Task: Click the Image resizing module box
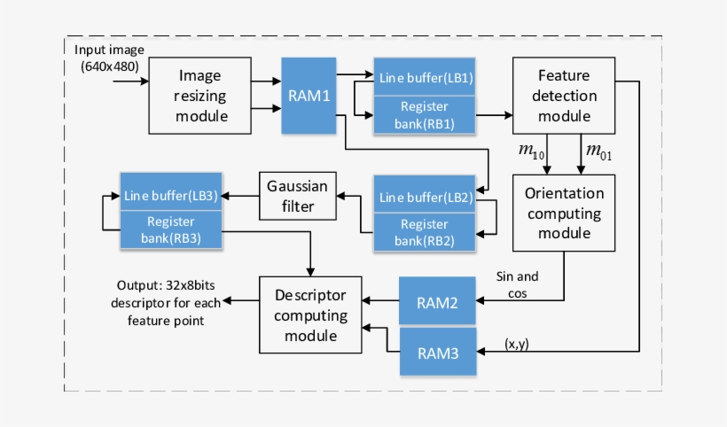tap(199, 96)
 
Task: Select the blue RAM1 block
tap(309, 96)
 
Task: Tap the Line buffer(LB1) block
tap(426, 78)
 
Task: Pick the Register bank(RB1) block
tap(426, 115)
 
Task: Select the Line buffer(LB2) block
tap(426, 197)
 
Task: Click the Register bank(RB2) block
tap(426, 233)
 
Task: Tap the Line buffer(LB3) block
tap(172, 194)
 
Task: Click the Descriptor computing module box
tap(309, 314)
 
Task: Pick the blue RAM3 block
tap(438, 353)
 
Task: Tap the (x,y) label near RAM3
tap(518, 343)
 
